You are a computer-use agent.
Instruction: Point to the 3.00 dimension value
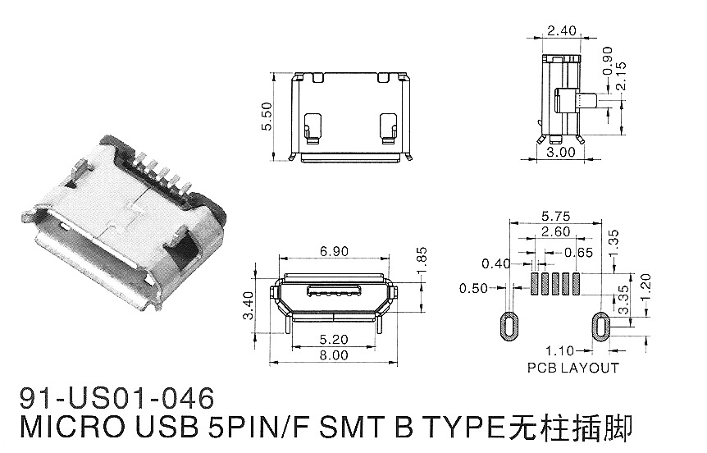pyautogui.click(x=561, y=153)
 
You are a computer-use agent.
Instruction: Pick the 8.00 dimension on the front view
pyautogui.click(x=333, y=355)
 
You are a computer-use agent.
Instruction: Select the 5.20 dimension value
pyautogui.click(x=333, y=338)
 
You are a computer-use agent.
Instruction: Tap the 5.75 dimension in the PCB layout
pyautogui.click(x=556, y=216)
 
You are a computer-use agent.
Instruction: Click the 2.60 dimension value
pyautogui.click(x=556, y=232)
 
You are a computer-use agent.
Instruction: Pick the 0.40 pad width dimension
pyautogui.click(x=497, y=263)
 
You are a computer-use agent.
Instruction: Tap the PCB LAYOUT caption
pyautogui.click(x=573, y=368)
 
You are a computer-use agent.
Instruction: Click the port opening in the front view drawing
pyautogui.click(x=333, y=292)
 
